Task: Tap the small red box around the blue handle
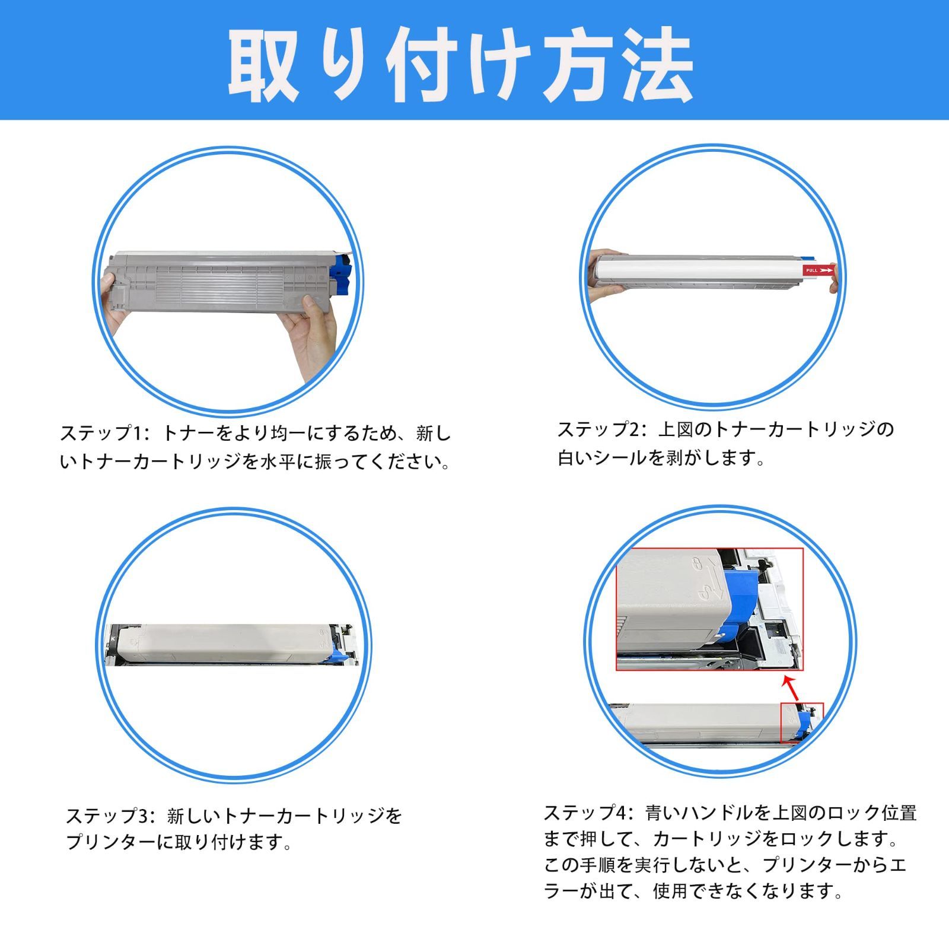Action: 801,722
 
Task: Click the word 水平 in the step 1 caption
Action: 279,461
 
